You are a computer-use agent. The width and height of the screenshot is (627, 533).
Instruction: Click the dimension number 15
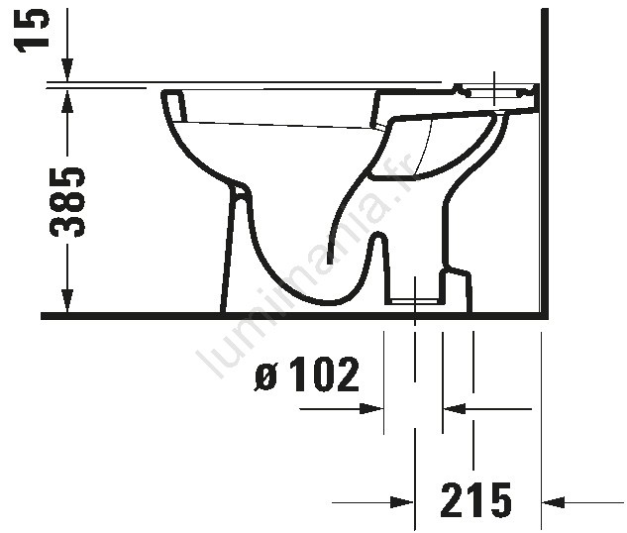tap(32, 30)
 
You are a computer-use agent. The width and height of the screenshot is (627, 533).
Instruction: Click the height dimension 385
tap(67, 201)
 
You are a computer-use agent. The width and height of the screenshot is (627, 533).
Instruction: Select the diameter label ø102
tap(307, 374)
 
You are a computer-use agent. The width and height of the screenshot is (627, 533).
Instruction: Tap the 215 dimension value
tap(475, 499)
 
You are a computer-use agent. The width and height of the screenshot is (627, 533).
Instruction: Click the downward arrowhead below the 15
tap(67, 70)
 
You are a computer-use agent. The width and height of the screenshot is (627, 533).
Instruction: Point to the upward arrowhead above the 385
tap(67, 102)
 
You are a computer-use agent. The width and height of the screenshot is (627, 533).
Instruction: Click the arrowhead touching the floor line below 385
tap(67, 299)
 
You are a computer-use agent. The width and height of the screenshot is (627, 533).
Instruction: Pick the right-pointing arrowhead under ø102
tap(371, 409)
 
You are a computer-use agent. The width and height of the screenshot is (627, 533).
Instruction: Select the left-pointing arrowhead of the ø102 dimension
tap(455, 409)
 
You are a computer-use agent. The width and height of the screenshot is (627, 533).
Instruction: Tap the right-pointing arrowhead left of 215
tap(402, 502)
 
